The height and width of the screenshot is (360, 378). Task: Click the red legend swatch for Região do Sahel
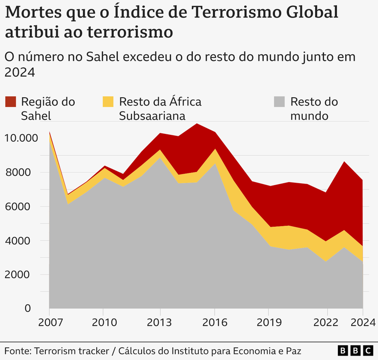coord(10,102)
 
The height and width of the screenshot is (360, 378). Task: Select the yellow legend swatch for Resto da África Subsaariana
coord(108,102)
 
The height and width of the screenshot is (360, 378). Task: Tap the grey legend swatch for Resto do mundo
coord(279,102)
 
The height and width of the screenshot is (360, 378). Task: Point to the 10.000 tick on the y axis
coord(21,138)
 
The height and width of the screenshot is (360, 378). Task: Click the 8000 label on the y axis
coord(21,172)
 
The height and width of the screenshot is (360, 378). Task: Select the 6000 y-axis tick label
coord(21,207)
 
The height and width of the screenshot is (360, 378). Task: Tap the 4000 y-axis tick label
coord(21,241)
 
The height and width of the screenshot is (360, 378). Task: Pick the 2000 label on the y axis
coord(21,275)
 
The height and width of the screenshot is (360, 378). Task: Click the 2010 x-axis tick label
coord(103,323)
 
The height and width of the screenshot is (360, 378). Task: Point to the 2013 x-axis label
coord(161,323)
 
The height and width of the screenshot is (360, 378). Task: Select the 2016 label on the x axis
coord(214,323)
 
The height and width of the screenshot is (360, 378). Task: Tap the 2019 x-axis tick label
coord(269,323)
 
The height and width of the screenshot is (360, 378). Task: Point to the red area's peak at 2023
coord(345,162)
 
